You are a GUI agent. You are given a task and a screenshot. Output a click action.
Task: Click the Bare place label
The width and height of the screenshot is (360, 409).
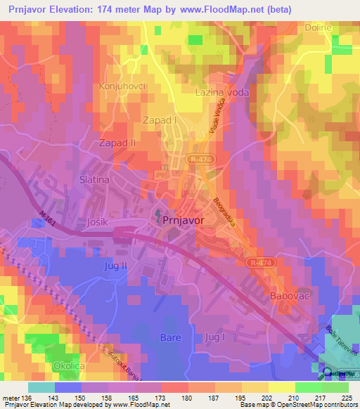point(171,337)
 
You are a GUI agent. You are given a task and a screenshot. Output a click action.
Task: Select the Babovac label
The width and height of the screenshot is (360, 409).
point(289,297)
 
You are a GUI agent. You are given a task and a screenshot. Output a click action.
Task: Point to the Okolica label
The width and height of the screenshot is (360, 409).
point(71,366)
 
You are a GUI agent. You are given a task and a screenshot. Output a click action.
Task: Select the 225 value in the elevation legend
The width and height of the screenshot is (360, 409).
point(345,398)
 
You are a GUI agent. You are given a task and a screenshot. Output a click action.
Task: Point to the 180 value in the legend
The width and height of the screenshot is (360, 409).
point(186,398)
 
